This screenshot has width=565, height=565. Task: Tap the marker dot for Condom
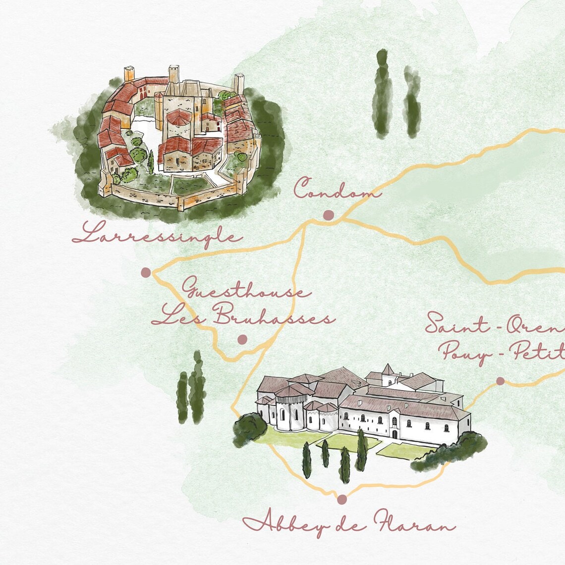click(328, 215)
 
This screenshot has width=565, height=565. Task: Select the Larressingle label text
click(157, 234)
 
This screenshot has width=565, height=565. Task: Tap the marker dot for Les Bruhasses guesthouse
click(242, 339)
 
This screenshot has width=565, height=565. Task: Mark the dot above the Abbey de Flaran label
click(341, 499)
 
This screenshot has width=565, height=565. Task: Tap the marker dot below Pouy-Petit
click(500, 381)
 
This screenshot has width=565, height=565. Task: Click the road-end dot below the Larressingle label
click(146, 272)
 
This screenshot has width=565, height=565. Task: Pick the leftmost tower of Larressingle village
click(129, 74)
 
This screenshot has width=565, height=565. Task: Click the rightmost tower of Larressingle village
click(239, 83)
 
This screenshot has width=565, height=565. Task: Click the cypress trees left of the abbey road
click(191, 389)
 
